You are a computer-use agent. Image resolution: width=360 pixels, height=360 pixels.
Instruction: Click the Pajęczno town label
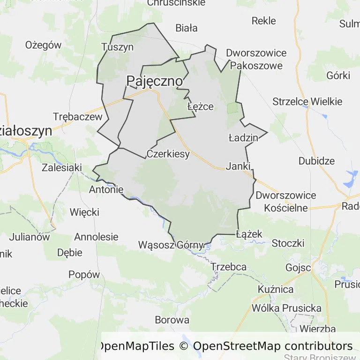tap(154, 81)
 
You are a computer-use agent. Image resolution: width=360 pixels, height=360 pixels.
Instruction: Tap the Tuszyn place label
tap(118, 47)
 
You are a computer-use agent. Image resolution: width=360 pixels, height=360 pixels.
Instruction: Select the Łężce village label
tap(200, 106)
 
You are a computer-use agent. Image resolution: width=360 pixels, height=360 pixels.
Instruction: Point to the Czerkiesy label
tap(168, 153)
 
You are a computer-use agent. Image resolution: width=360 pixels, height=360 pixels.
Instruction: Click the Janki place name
tap(239, 165)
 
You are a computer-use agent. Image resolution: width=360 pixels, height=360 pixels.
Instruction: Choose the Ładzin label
tap(243, 138)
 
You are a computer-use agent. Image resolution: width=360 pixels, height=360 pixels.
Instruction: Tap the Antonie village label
tap(106, 189)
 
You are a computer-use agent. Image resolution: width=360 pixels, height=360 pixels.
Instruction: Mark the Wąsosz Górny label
tap(171, 245)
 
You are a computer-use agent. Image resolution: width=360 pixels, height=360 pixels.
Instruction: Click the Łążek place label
tap(249, 233)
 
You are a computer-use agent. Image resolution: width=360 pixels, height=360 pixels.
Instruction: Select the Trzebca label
tap(229, 266)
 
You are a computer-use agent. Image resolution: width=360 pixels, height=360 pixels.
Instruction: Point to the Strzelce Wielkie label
tap(307, 101)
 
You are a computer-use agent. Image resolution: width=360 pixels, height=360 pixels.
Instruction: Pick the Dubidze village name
tap(317, 161)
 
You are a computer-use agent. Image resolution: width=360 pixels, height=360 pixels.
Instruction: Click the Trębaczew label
tap(77, 117)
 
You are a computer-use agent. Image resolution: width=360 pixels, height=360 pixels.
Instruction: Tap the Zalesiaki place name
tap(62, 167)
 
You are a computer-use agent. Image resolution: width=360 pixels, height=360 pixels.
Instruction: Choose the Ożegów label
tap(44, 45)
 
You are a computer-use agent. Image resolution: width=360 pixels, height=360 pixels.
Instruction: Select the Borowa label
tap(172, 320)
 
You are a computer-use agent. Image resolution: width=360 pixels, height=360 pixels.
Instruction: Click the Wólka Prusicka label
tap(286, 308)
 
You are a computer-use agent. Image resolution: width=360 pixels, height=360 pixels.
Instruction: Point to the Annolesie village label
tap(96, 237)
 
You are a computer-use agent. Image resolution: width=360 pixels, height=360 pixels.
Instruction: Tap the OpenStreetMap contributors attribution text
tap(273, 346)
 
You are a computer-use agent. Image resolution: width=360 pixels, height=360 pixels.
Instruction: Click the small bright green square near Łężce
tap(232, 108)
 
